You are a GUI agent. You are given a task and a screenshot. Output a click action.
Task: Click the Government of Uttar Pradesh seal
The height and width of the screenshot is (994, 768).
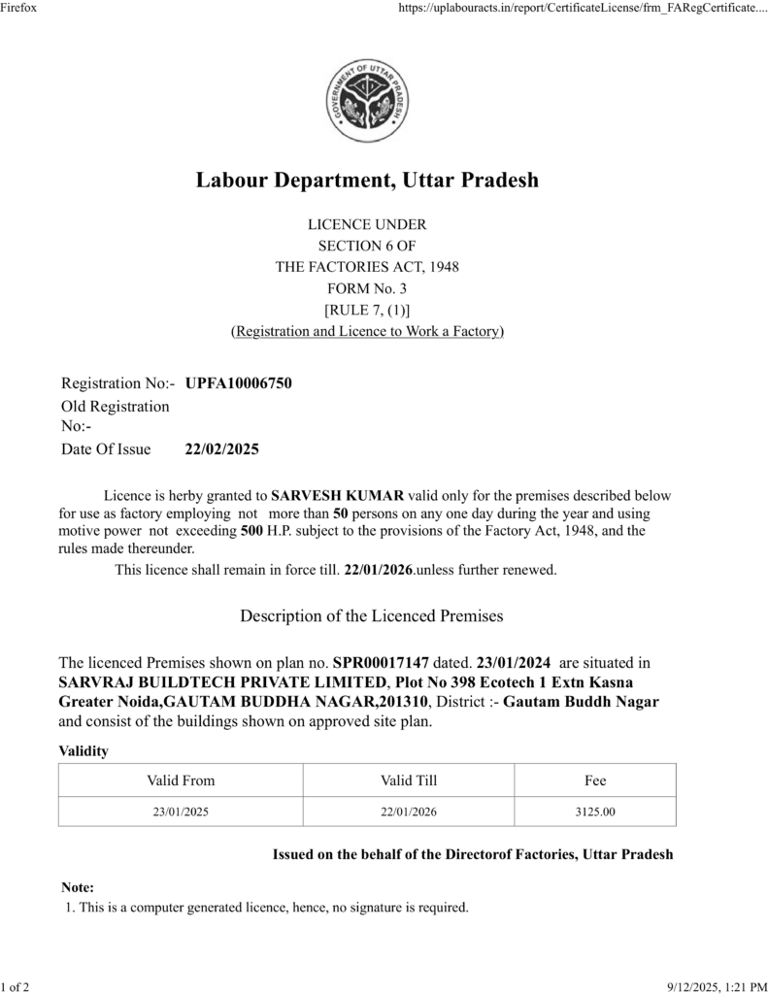coord(367,101)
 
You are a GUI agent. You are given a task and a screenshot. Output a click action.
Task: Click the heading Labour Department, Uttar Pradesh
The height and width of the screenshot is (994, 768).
coord(367,181)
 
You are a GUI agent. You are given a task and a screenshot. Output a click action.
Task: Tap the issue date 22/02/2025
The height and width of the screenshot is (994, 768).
coord(221,449)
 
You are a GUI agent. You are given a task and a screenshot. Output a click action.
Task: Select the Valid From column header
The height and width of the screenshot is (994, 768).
coord(181,779)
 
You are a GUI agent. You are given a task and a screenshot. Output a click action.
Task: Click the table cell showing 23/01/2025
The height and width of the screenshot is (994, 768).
coord(181,811)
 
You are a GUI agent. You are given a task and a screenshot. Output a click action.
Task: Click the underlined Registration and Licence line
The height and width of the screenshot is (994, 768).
coord(367,331)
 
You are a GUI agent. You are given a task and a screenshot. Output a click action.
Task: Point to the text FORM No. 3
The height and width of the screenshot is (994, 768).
coord(367,288)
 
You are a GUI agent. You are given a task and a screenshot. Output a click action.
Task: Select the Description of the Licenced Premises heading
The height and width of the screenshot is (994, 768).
coord(371,615)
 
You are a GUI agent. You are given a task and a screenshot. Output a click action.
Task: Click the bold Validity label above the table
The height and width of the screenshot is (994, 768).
coord(83,750)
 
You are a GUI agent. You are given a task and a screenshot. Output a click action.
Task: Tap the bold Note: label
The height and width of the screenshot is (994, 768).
coord(78,887)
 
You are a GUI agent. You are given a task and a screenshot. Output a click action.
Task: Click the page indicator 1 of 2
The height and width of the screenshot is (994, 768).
coord(16,986)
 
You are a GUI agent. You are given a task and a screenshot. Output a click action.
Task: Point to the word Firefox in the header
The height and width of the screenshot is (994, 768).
coord(19,8)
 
